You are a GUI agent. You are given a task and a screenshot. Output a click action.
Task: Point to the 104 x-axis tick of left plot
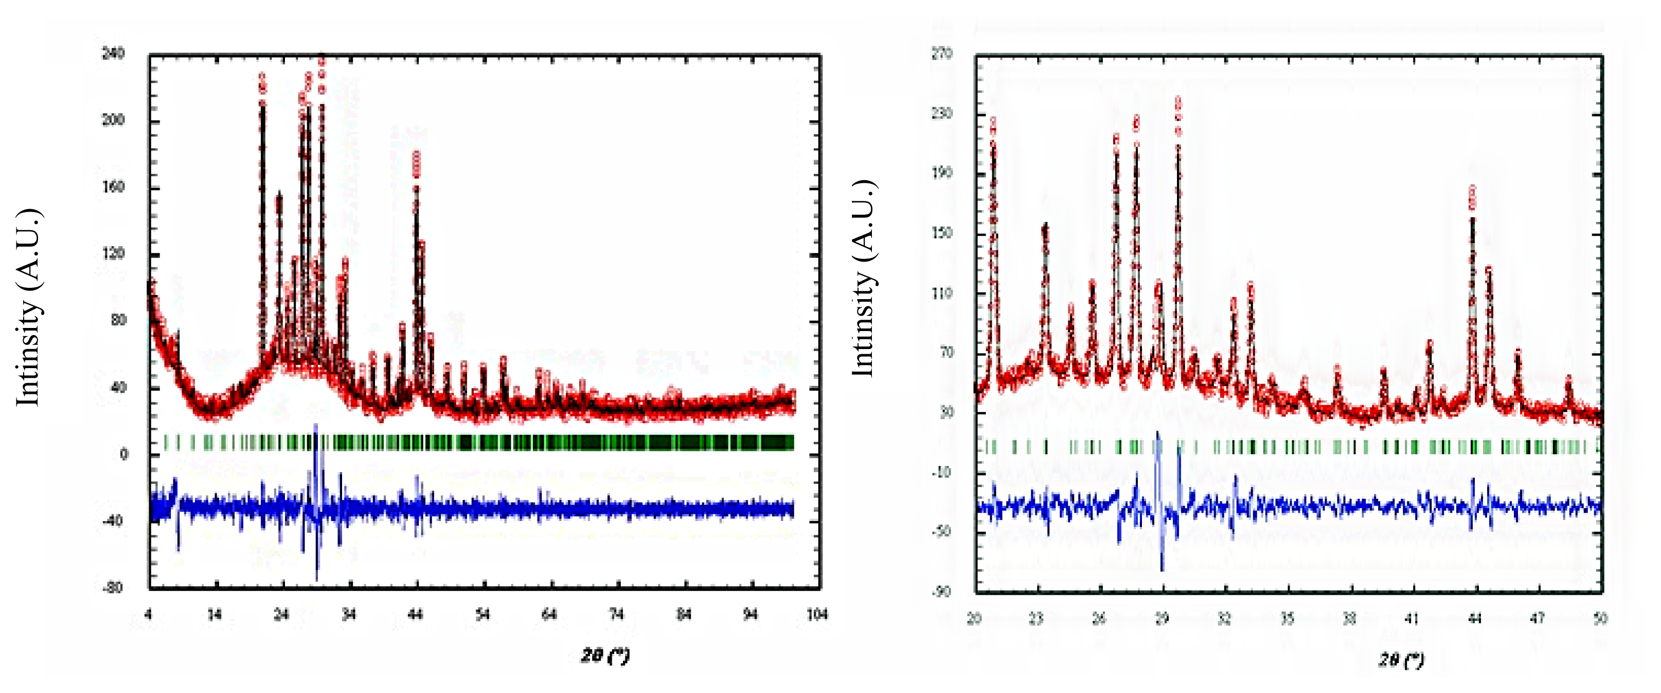pos(817,614)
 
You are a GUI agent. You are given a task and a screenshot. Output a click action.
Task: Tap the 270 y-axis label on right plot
pos(941,53)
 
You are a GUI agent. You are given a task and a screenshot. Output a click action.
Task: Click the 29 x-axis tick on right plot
pos(1162,619)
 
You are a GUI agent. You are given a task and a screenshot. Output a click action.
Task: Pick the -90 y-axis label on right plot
pos(941,592)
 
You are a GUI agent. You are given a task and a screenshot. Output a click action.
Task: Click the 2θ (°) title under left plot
pos(604,655)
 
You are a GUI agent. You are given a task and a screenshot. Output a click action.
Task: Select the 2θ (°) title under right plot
pos(1401,660)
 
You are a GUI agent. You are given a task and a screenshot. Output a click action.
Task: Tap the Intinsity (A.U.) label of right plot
pos(863,278)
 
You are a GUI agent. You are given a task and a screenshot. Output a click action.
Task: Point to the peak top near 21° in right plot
pos(993,123)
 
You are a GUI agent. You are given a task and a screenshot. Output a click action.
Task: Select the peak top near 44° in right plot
pos(1472,190)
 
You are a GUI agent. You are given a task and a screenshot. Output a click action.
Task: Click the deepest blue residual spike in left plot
pos(316,578)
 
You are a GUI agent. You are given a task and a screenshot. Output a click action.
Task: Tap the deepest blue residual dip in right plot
pos(1162,568)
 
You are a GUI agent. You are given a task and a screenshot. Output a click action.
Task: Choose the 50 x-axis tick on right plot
pos(1600,619)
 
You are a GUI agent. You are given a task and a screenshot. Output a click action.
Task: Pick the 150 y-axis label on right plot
pos(941,233)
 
